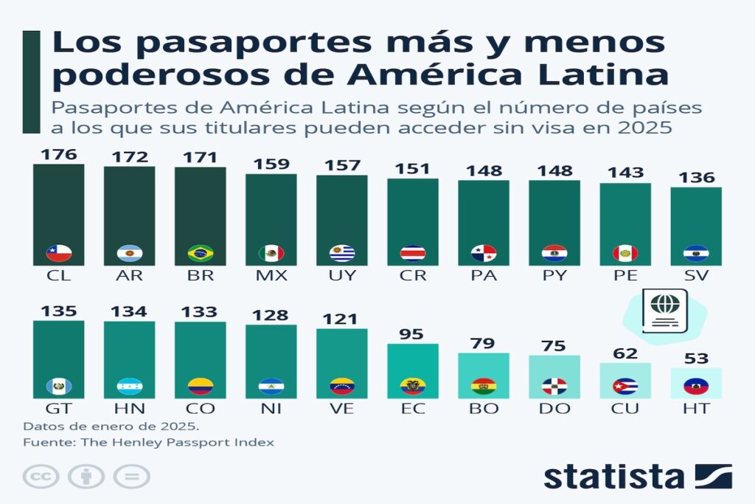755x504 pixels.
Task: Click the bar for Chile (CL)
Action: click(x=59, y=214)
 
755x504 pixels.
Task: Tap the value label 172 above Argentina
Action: click(x=130, y=156)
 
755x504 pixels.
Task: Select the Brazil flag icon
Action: click(x=201, y=253)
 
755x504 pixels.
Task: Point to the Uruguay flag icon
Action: click(x=342, y=253)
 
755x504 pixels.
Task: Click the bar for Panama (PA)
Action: click(x=484, y=221)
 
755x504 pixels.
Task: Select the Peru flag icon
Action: click(x=625, y=253)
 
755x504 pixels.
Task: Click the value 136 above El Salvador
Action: click(x=696, y=178)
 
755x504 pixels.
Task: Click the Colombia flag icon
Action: click(x=201, y=386)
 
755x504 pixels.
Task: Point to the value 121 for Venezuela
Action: click(x=342, y=319)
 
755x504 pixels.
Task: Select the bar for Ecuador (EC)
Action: click(x=413, y=369)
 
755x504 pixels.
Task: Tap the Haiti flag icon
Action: click(x=696, y=386)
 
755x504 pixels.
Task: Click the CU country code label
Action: click(x=625, y=409)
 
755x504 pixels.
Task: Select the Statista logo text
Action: click(x=613, y=477)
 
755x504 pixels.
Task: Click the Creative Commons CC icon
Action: click(x=40, y=476)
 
